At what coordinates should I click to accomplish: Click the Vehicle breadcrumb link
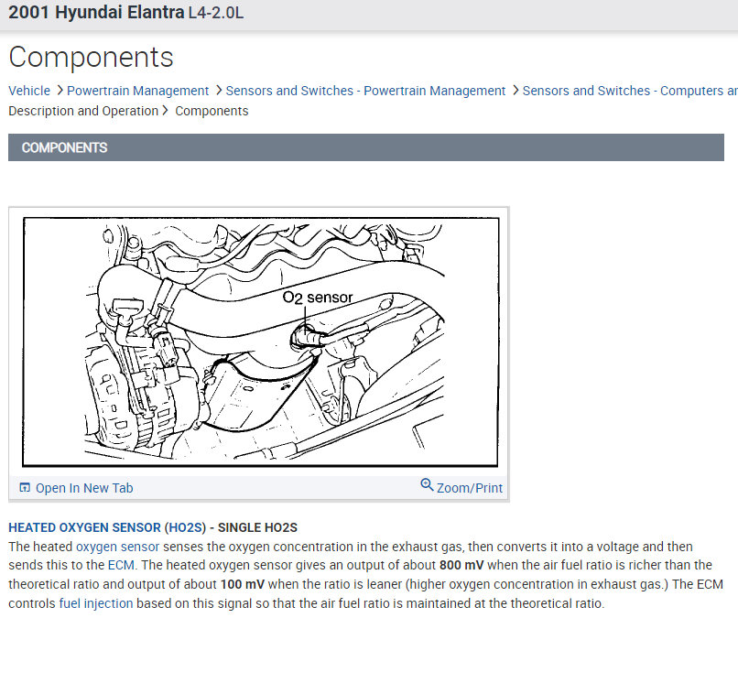pyautogui.click(x=29, y=91)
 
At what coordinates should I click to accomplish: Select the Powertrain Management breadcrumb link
pyautogui.click(x=137, y=91)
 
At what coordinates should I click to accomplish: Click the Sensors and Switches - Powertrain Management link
pyautogui.click(x=365, y=91)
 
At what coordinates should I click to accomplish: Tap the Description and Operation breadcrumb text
pyautogui.click(x=83, y=111)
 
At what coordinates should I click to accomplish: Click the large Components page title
pyautogui.click(x=91, y=58)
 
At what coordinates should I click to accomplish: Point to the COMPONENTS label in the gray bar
pyautogui.click(x=64, y=147)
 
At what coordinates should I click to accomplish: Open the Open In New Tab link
pyautogui.click(x=84, y=488)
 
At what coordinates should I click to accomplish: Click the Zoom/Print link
pyautogui.click(x=469, y=488)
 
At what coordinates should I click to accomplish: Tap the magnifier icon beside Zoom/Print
pyautogui.click(x=427, y=484)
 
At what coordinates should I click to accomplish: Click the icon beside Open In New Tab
pyautogui.click(x=25, y=487)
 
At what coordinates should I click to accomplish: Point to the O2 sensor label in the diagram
pyautogui.click(x=317, y=298)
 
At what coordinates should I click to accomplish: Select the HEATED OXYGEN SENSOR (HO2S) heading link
pyautogui.click(x=107, y=527)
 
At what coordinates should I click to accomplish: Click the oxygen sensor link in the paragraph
pyautogui.click(x=118, y=547)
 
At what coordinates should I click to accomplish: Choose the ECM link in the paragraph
pyautogui.click(x=121, y=565)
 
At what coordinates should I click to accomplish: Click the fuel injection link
pyautogui.click(x=96, y=603)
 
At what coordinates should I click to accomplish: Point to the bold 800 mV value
pyautogui.click(x=461, y=565)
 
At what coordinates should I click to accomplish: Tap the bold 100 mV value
pyautogui.click(x=243, y=584)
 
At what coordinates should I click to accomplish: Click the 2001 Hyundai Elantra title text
pyautogui.click(x=96, y=12)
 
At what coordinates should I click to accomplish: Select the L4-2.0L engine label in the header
pyautogui.click(x=216, y=13)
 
